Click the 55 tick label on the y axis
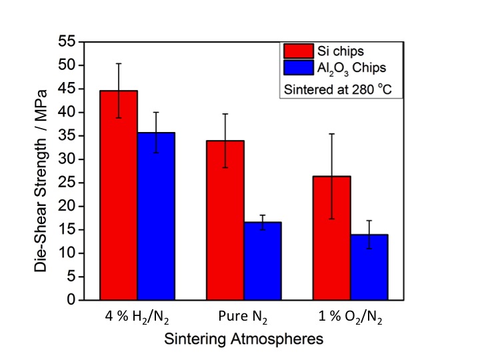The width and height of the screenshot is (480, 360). coord(65,42)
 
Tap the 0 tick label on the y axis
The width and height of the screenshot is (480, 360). coord(69,301)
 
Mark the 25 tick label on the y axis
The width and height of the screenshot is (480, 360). coord(65,183)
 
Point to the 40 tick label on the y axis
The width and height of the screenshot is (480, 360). coord(65,113)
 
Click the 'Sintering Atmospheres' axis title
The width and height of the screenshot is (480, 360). coord(243,339)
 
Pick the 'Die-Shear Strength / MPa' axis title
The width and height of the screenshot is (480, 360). coord(42,171)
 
